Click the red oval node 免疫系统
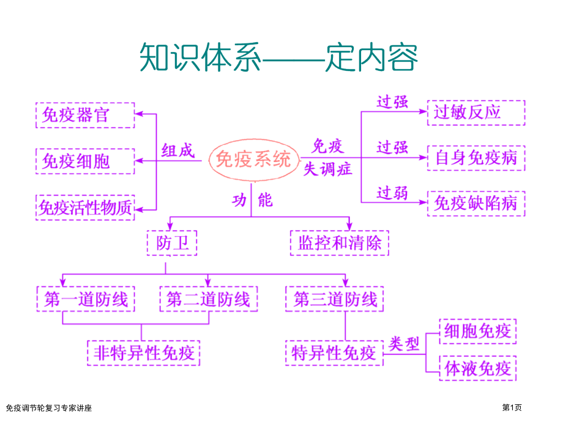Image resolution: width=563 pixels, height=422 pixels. (x=253, y=160)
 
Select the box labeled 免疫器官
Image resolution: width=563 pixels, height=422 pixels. (x=85, y=114)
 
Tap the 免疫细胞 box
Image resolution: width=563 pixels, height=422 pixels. (x=85, y=161)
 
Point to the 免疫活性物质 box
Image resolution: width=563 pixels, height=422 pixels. (x=85, y=208)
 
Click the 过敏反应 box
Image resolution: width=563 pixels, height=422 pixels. (x=475, y=113)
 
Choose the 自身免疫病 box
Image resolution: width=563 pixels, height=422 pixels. (x=475, y=158)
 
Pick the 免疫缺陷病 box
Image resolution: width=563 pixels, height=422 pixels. (x=475, y=203)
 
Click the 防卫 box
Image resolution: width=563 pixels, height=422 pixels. (x=172, y=243)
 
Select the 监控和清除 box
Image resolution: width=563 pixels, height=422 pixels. (x=339, y=243)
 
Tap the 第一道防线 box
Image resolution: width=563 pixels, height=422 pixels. (x=86, y=299)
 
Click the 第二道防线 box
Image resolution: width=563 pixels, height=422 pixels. (x=208, y=299)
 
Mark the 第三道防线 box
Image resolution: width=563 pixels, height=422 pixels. (x=335, y=299)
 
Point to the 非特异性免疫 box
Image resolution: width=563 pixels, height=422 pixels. (x=144, y=353)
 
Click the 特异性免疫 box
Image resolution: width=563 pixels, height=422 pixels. (x=334, y=353)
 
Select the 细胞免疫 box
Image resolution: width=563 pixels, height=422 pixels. (x=477, y=331)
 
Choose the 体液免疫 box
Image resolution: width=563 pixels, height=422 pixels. (x=477, y=368)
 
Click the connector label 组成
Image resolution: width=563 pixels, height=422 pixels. (x=177, y=150)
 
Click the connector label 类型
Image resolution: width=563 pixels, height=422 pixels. (x=405, y=344)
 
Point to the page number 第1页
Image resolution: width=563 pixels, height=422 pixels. (x=513, y=407)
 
